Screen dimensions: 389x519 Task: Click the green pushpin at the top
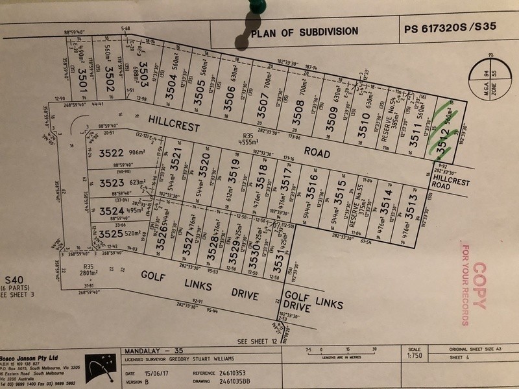click(257, 7)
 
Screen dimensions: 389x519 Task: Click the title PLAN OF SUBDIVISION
click(304, 30)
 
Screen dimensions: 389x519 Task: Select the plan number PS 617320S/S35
click(448, 29)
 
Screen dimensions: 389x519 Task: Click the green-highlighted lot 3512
click(444, 138)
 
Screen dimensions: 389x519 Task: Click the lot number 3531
click(278, 258)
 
